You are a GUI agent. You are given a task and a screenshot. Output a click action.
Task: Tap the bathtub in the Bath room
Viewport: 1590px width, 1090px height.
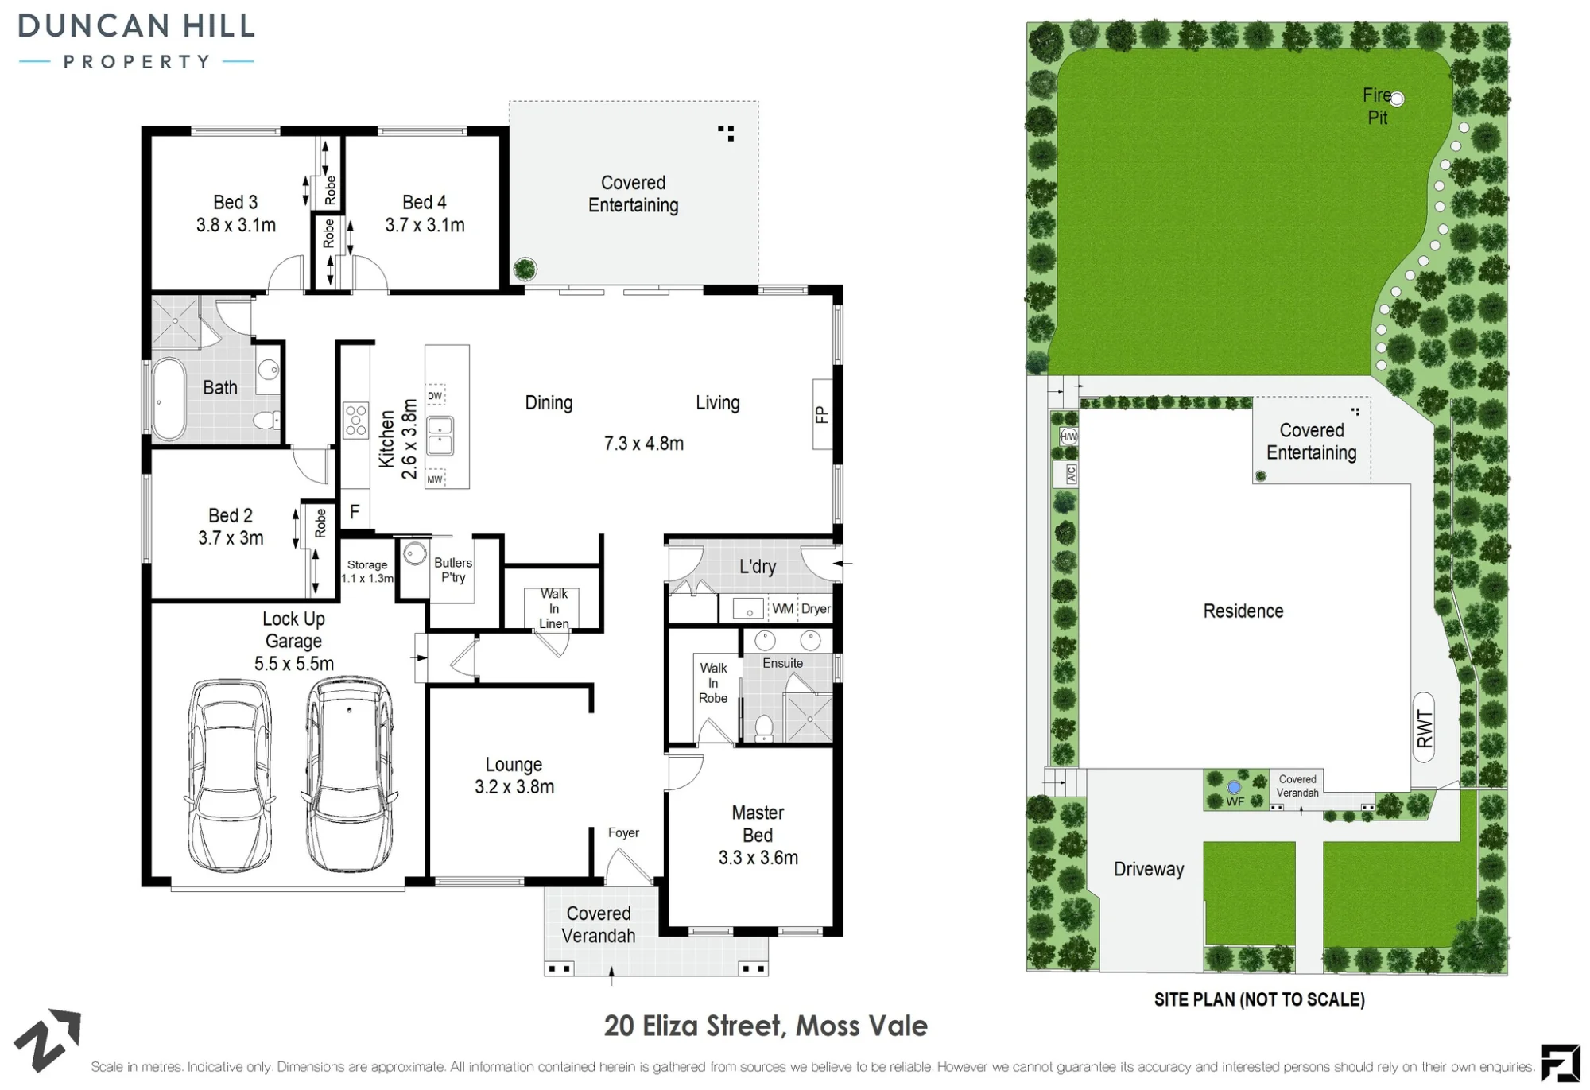[x=168, y=399]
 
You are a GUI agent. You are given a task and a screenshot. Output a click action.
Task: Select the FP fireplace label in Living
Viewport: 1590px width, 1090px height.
[x=822, y=414]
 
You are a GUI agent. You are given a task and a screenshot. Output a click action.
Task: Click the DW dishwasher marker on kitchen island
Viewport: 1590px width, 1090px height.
[x=435, y=395]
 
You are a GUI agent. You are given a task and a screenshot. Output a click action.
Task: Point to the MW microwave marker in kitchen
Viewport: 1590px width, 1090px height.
[x=435, y=479]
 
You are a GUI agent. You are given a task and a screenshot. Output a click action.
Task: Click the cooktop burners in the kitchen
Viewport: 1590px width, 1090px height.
[x=355, y=420]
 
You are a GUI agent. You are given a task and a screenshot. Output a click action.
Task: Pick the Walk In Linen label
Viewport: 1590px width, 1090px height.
[x=554, y=608]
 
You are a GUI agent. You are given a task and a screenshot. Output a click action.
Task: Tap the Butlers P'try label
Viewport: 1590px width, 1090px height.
[x=453, y=570]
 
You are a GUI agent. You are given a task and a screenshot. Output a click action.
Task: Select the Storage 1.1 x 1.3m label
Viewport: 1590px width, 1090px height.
[x=367, y=572]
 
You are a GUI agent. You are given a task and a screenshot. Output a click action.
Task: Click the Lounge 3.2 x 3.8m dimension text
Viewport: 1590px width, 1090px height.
[x=514, y=786]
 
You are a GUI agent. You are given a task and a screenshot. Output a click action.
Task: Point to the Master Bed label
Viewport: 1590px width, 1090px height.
[x=758, y=824]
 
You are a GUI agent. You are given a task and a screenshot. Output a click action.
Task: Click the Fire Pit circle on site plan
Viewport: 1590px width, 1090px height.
[x=1397, y=99]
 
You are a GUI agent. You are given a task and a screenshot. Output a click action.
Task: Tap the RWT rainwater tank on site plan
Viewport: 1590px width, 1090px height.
[x=1424, y=727]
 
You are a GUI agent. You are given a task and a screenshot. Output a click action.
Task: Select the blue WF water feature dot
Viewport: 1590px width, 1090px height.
[x=1234, y=787]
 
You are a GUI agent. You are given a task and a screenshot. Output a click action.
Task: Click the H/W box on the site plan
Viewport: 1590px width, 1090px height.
[x=1068, y=436]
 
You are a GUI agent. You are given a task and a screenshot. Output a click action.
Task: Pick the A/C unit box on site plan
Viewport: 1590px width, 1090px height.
[x=1071, y=475]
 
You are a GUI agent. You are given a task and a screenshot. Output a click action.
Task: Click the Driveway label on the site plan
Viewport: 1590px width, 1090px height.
[x=1149, y=869]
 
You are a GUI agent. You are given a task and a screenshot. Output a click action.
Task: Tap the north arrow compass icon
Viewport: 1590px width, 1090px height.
[x=48, y=1040]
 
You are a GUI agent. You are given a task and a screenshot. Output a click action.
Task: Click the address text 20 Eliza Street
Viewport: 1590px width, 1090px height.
[x=695, y=1026]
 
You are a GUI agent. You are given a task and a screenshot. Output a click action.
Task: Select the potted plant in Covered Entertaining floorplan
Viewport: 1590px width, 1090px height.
[x=524, y=270]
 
